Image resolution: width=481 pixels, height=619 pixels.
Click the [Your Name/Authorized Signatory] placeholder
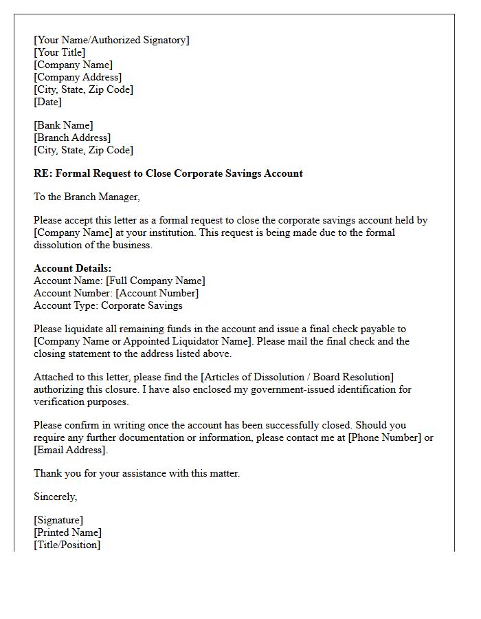point(111,40)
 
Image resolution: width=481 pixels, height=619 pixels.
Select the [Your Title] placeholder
point(60,52)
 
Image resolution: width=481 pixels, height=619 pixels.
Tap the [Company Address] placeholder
point(78,77)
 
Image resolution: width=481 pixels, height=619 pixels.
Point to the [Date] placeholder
point(47,102)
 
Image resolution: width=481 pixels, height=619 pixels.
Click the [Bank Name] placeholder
point(63,125)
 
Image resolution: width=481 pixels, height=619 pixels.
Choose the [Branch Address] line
point(72,138)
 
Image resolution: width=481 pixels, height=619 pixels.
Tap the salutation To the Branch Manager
point(87,197)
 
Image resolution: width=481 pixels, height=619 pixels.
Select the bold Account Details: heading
point(72,268)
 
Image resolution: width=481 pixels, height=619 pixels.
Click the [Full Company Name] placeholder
point(155,281)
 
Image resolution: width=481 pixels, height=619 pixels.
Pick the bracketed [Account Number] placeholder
point(157,293)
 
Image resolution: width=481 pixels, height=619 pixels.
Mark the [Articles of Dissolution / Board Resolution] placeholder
point(297,377)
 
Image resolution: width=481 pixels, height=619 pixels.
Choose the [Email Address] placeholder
point(71,450)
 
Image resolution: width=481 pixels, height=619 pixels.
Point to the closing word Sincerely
point(56,497)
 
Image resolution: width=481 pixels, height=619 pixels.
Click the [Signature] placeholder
point(58,520)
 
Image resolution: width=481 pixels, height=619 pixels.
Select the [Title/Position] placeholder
point(67,545)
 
